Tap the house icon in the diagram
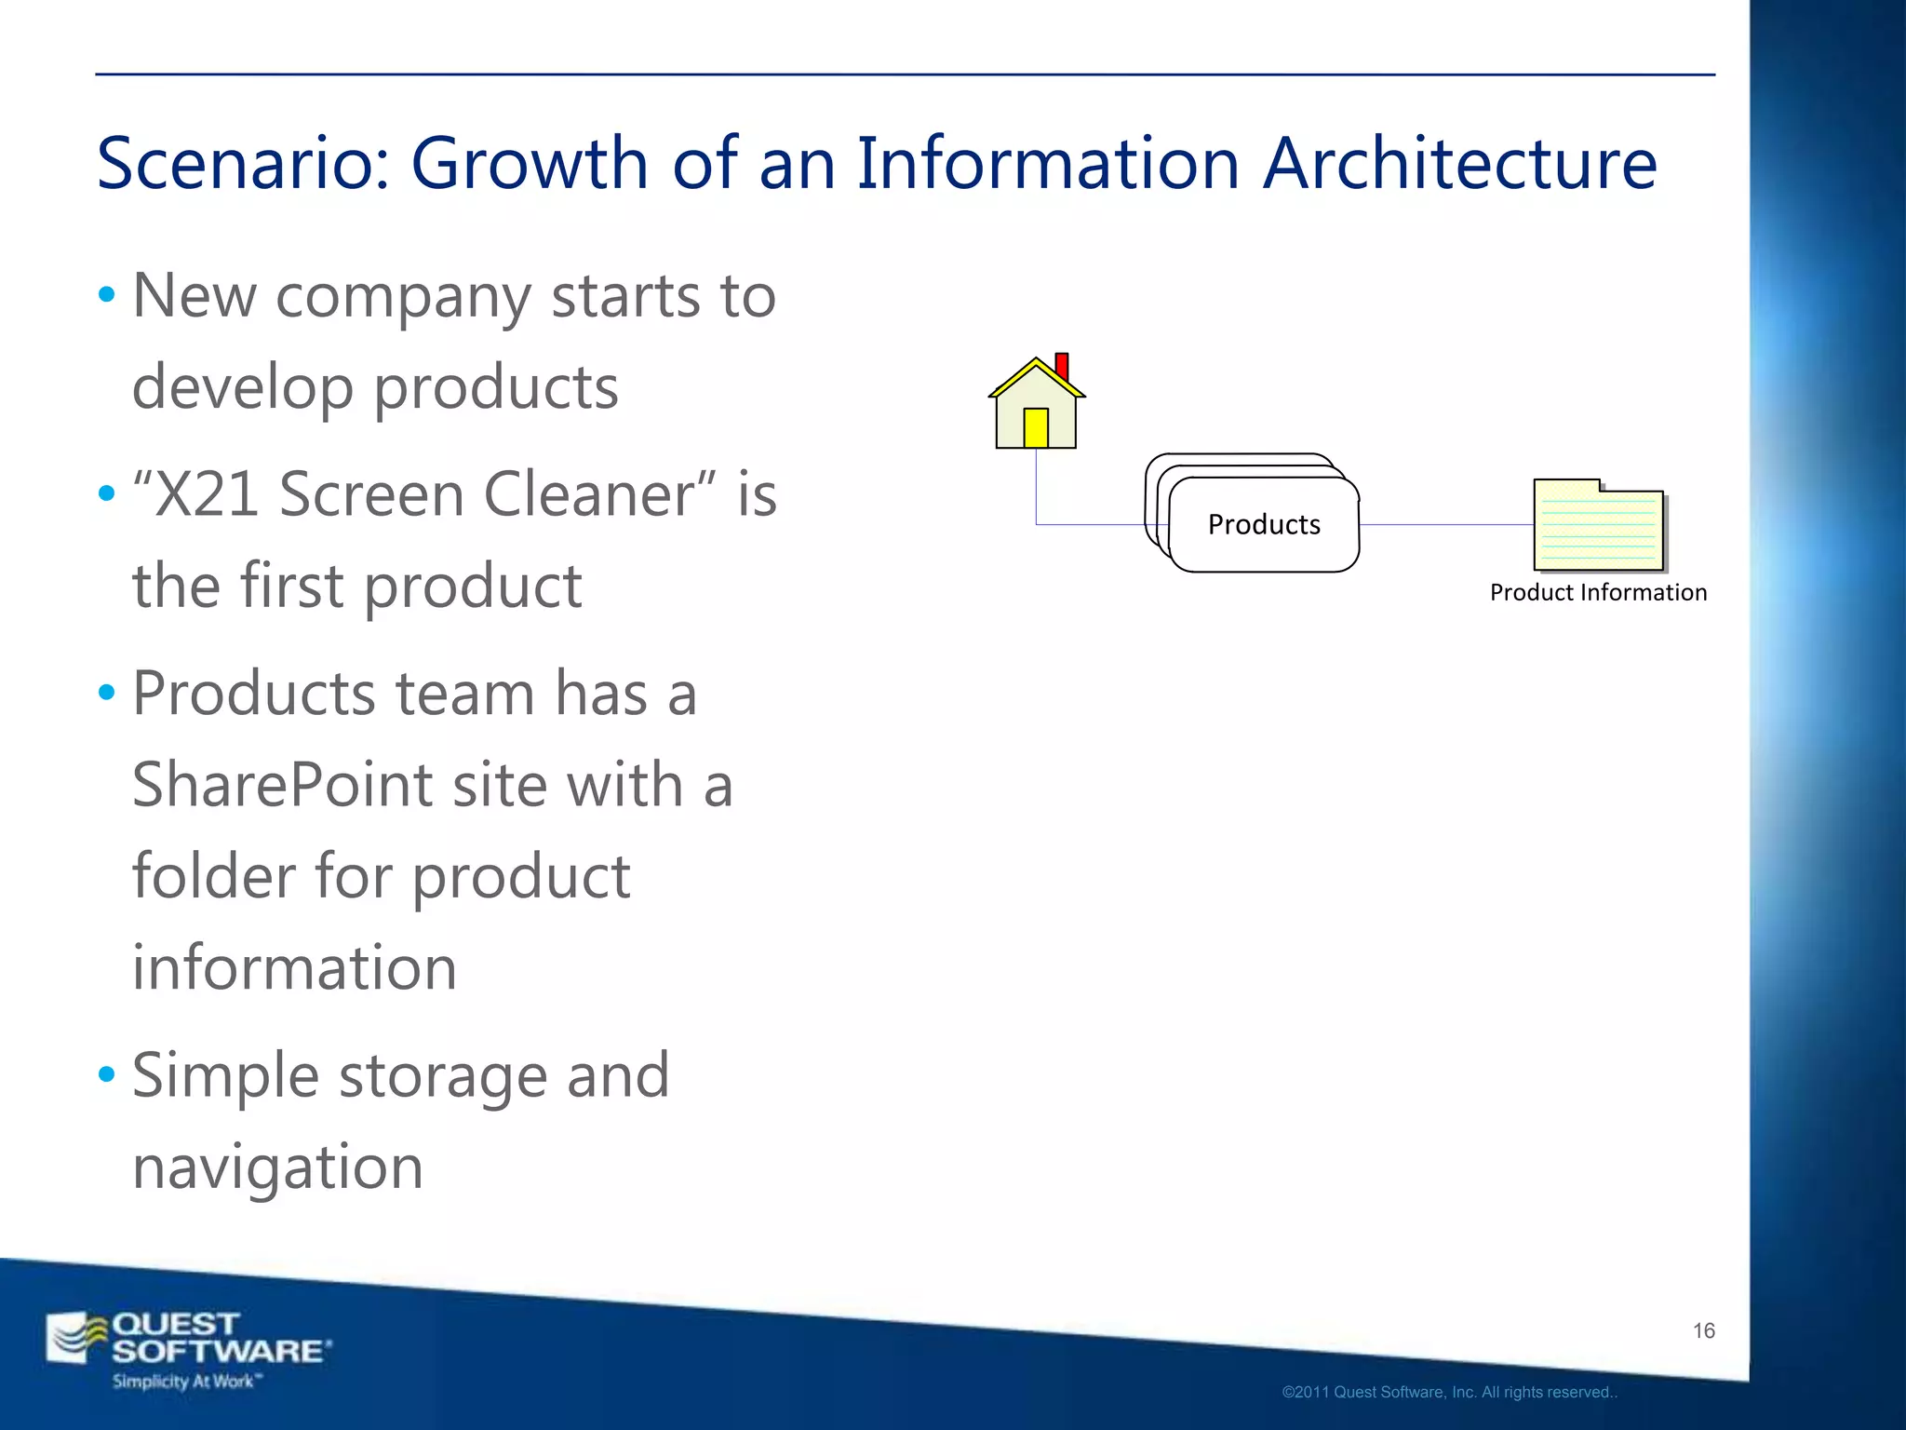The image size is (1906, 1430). coord(1036,406)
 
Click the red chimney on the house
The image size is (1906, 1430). coord(1062,366)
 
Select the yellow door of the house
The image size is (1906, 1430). coord(1036,428)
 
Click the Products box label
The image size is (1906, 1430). coord(1264,525)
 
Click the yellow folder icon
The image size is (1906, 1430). coord(1598,526)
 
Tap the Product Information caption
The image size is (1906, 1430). coord(1598,593)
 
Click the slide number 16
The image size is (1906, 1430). coord(1703,1330)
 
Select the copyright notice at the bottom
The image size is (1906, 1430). coord(1449,1393)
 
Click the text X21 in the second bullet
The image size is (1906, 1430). coord(207,495)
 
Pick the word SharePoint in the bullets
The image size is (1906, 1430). coord(282,785)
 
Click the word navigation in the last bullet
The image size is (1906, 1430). coord(277,1167)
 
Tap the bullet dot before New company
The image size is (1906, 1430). coord(107,295)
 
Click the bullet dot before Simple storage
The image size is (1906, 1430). coord(107,1074)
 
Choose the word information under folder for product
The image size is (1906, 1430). coord(294,968)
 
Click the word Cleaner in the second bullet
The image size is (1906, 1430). coord(590,495)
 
